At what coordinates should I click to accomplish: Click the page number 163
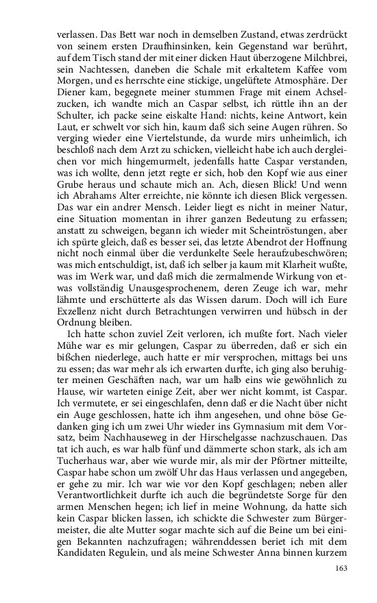coord(342,568)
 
